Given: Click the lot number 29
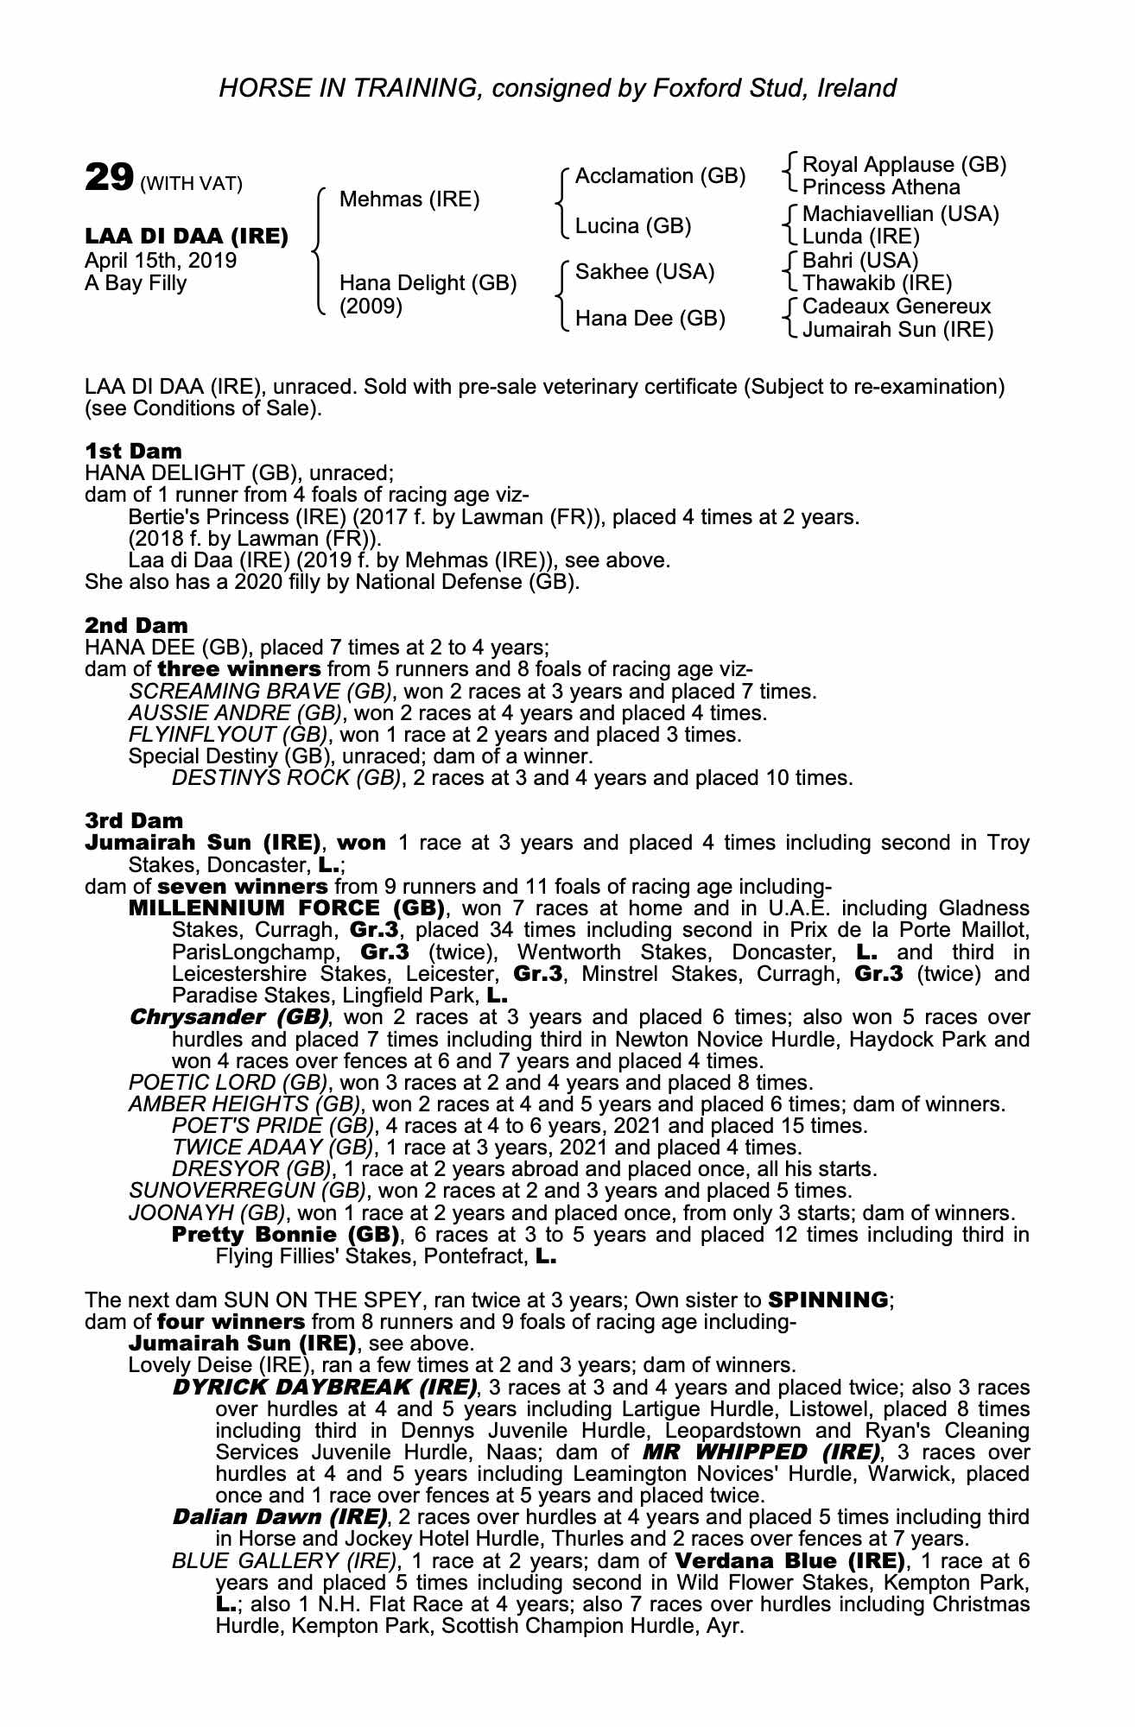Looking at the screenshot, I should click(108, 179).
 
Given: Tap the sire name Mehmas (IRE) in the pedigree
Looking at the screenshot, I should click(409, 199).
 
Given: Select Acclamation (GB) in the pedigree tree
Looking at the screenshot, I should click(660, 176).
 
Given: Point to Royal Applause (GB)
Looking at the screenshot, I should click(904, 165).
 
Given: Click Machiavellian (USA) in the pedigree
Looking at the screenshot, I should click(900, 214).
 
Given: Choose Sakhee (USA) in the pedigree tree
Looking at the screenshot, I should click(644, 272).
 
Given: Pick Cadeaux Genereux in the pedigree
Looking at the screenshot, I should click(896, 307).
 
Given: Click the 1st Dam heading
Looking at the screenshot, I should click(133, 451).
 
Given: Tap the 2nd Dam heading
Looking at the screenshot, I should click(136, 625).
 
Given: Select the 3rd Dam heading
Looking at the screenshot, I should click(134, 820).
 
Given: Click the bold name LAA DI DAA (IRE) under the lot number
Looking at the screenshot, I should click(187, 237).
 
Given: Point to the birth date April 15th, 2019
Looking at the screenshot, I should click(161, 261).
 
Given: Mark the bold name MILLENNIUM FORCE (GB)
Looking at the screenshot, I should click(286, 908).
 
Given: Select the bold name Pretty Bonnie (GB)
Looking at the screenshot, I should click(286, 1235).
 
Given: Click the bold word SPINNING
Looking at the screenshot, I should click(827, 1300).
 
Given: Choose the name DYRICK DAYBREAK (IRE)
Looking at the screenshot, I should click(325, 1388).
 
